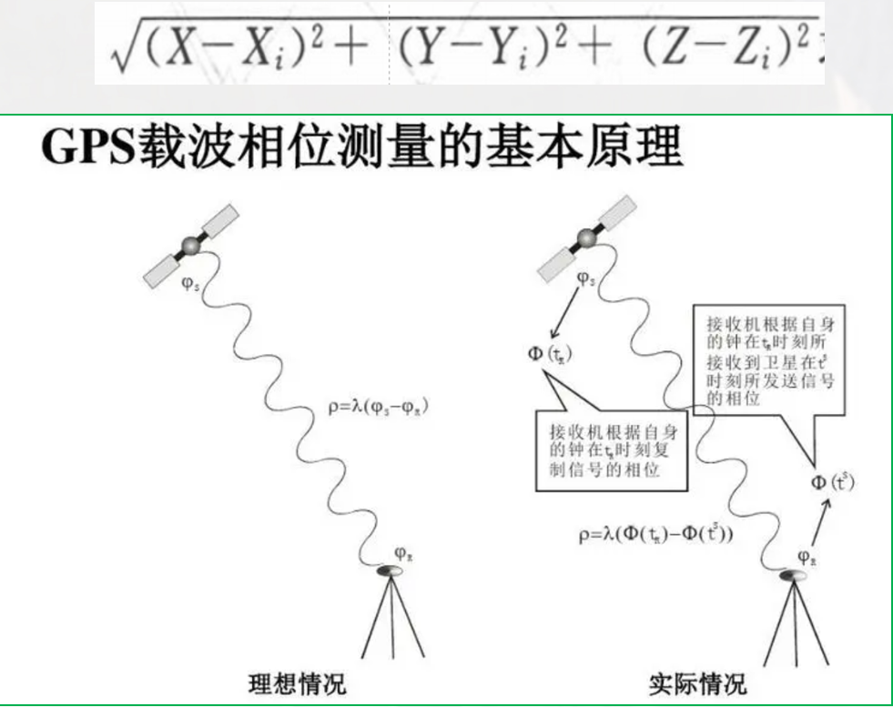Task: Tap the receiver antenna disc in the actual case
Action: coord(794,575)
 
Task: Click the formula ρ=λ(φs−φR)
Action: coord(376,408)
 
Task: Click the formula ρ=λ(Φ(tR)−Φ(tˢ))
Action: coord(655,535)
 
